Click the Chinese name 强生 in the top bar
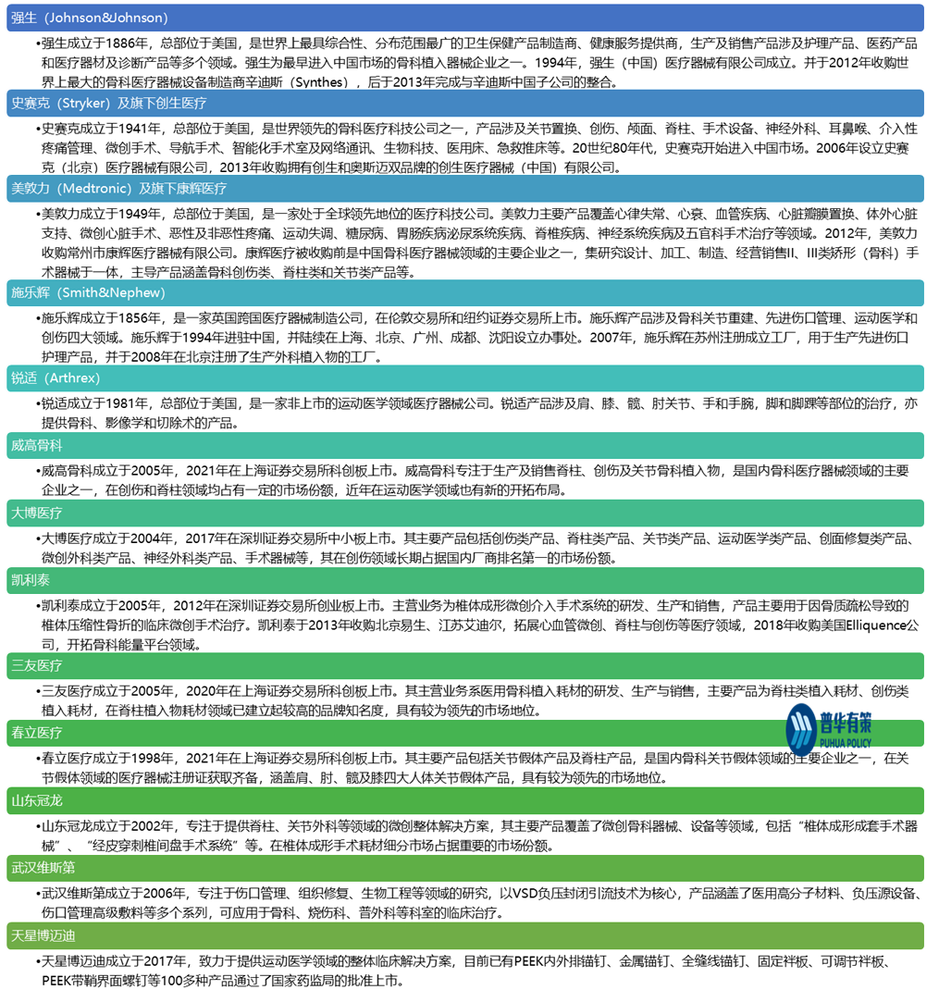(x=24, y=18)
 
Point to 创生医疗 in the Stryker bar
(x=181, y=103)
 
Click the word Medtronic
(x=95, y=188)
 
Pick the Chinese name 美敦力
(x=31, y=188)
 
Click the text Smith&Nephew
(x=110, y=292)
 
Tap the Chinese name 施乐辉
(x=31, y=292)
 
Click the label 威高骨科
(x=37, y=445)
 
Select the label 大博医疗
(x=37, y=513)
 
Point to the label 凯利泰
(x=31, y=580)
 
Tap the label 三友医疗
(x=37, y=665)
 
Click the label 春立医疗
(x=37, y=733)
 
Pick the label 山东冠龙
(x=37, y=800)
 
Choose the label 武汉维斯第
(x=43, y=868)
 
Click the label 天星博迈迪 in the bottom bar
(x=43, y=935)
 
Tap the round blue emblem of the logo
(x=801, y=729)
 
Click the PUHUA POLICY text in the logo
(x=846, y=743)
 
